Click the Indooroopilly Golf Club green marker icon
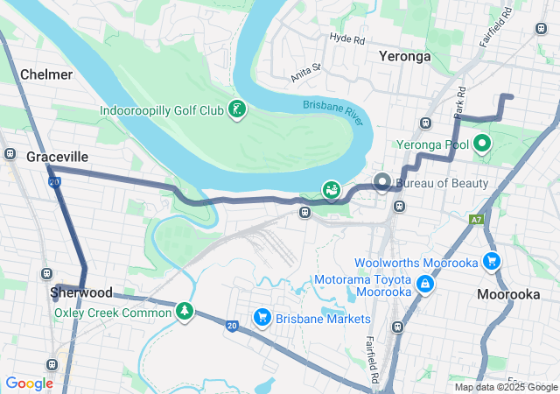pos(235,110)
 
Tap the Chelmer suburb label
pos(45,74)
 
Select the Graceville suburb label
pos(57,156)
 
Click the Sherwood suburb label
pos(80,292)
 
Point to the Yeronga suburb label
pos(404,56)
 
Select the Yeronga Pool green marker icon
pos(481,144)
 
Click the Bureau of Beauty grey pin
pos(382,183)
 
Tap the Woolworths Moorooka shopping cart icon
pos(492,261)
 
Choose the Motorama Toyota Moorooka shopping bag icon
pos(424,284)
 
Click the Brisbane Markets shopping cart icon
pos(261,317)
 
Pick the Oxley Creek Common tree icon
pos(184,311)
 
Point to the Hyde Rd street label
pos(347,38)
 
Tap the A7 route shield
pos(476,220)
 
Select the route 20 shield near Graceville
pos(54,182)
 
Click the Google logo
pos(29,383)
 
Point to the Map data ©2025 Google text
pos(505,387)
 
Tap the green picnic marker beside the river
pos(332,190)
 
